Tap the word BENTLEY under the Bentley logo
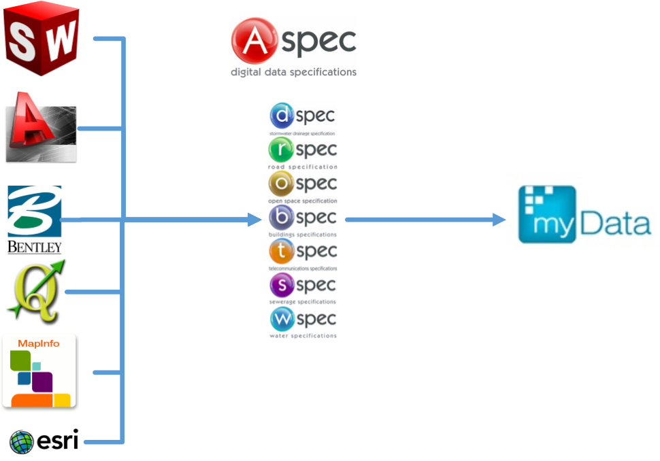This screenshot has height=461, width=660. point(35,246)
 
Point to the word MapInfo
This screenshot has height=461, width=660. point(39,343)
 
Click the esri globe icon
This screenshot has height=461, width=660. point(22,442)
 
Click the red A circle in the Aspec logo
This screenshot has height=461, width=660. point(253,41)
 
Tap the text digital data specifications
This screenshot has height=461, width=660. point(293,71)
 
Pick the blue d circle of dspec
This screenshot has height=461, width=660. point(281,116)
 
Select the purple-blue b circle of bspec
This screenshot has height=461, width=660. point(281,218)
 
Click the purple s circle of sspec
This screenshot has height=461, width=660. point(281,285)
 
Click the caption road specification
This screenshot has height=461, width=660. point(303,167)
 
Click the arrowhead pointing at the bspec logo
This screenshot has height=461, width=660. point(255,220)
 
